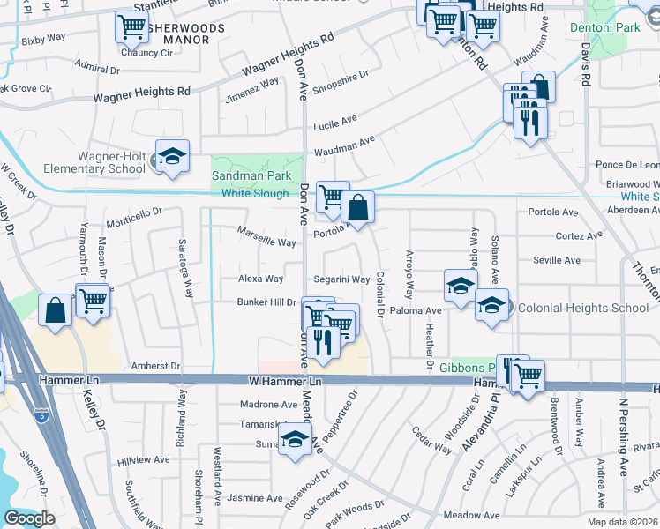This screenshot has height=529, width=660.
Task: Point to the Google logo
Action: coord(30,518)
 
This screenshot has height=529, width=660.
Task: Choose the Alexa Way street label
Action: coord(261,279)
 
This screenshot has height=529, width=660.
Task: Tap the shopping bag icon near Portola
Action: coord(358,208)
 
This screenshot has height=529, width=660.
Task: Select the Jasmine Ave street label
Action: coord(250,498)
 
